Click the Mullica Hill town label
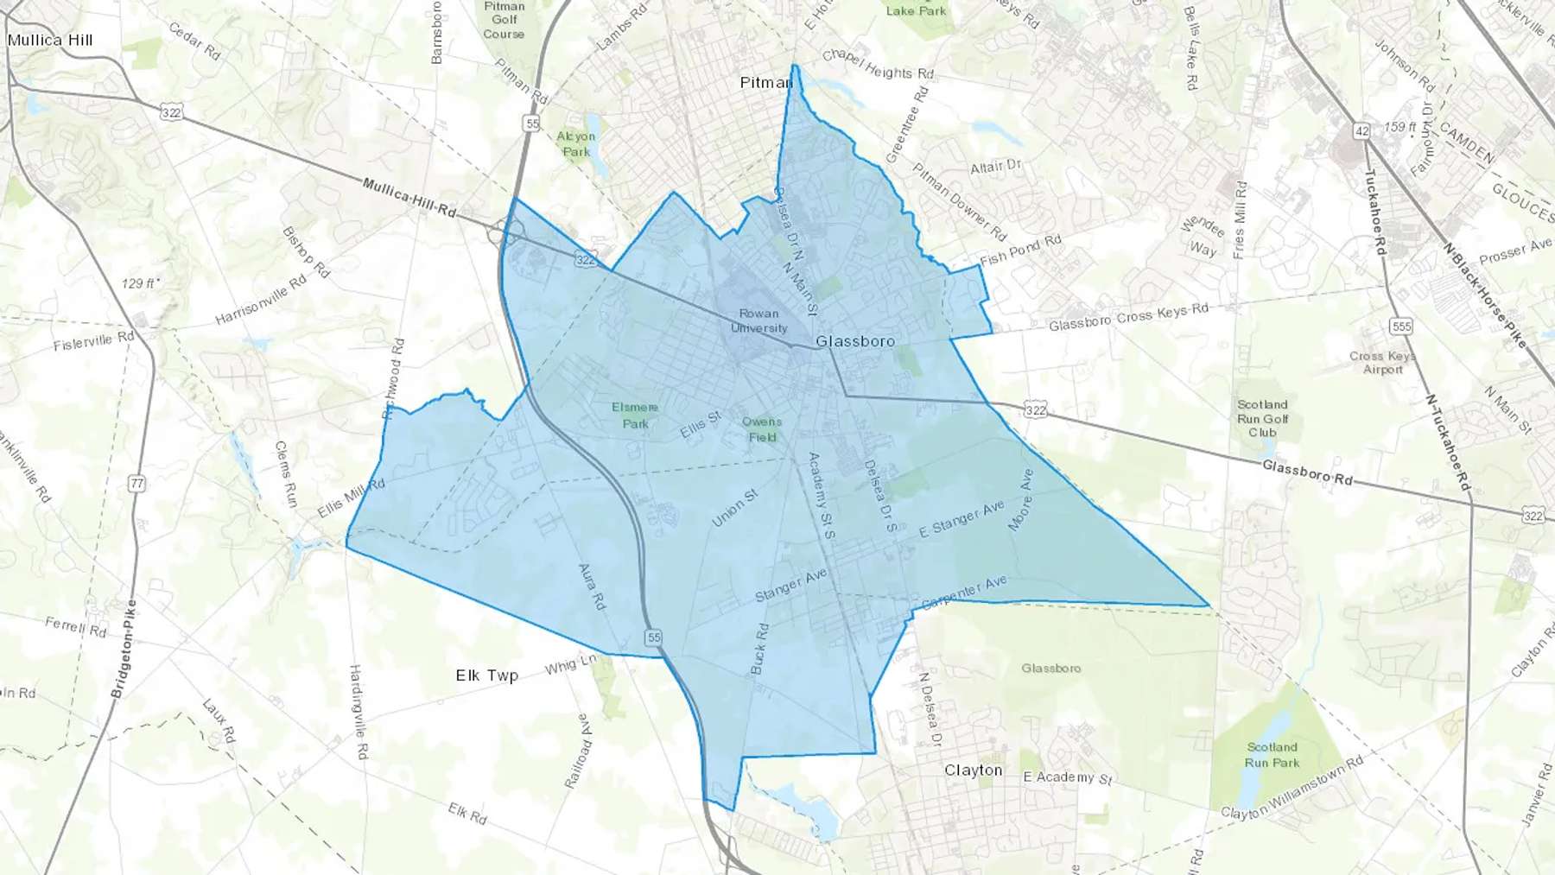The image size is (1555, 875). [50, 40]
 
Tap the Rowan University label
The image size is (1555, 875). [758, 320]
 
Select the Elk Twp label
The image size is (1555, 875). [486, 675]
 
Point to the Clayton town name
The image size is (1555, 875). [973, 770]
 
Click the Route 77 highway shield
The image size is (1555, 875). [136, 484]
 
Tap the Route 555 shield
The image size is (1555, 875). [1400, 327]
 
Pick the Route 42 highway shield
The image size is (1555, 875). [1361, 131]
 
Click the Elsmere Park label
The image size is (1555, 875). [635, 415]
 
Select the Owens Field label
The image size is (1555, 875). [761, 429]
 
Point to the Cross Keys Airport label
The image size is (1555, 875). [1382, 363]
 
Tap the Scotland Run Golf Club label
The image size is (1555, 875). [1262, 418]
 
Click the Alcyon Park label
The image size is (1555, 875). [575, 143]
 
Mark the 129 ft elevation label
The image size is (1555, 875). [139, 283]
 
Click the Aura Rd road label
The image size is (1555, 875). [592, 587]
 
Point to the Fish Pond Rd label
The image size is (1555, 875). [1020, 251]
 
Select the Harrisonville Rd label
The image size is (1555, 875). [260, 300]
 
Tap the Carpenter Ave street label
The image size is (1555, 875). [964, 593]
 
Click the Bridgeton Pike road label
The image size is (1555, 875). [124, 650]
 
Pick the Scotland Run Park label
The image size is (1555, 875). [1272, 755]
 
